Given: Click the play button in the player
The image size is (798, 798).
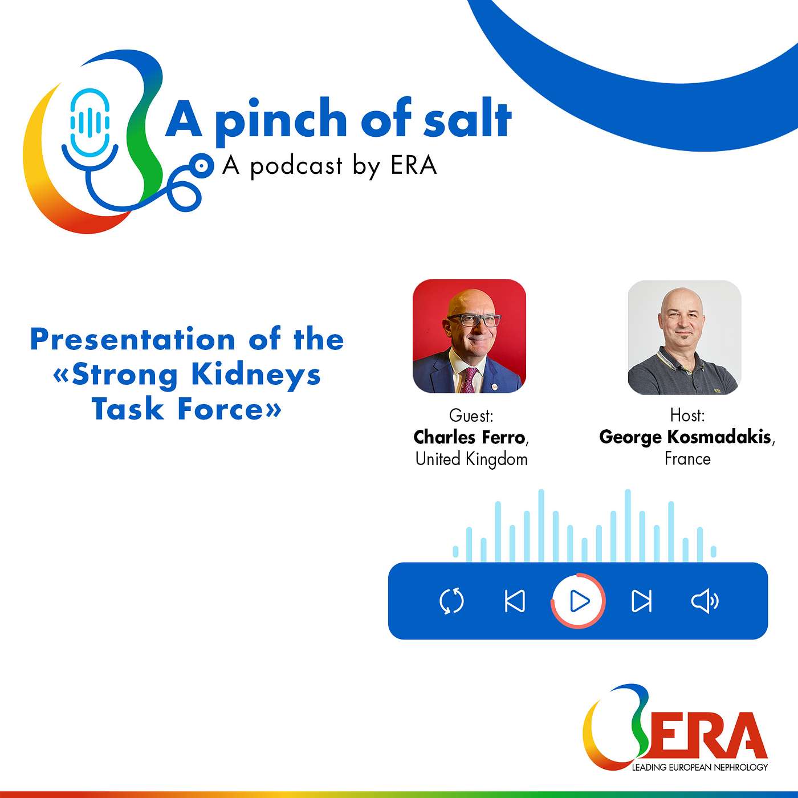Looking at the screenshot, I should click(x=578, y=601).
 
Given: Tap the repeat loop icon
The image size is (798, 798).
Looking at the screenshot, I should click(x=452, y=601).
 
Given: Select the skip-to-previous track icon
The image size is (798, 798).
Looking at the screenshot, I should click(x=515, y=601).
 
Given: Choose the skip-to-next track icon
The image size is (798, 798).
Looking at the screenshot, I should click(x=641, y=601).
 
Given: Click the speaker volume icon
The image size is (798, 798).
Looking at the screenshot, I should click(x=705, y=601).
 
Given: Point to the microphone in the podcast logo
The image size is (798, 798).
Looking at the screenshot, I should click(x=90, y=123).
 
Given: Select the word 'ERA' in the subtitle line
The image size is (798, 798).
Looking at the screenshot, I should click(x=413, y=166).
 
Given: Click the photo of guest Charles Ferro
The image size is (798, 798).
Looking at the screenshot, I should click(x=469, y=336).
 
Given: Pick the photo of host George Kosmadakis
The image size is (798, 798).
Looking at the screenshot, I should click(x=684, y=337).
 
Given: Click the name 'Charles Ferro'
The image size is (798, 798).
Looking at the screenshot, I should click(x=469, y=437).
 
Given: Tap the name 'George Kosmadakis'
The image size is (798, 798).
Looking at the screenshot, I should click(x=685, y=437).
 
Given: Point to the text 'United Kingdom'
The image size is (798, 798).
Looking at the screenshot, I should click(x=471, y=459).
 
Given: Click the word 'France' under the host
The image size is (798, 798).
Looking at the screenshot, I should click(x=687, y=459).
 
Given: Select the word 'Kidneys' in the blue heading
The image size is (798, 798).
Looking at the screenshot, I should click(x=256, y=374).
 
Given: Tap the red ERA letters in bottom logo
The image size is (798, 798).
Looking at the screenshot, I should click(x=712, y=735).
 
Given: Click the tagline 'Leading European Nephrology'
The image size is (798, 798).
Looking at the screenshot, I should click(x=699, y=767).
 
